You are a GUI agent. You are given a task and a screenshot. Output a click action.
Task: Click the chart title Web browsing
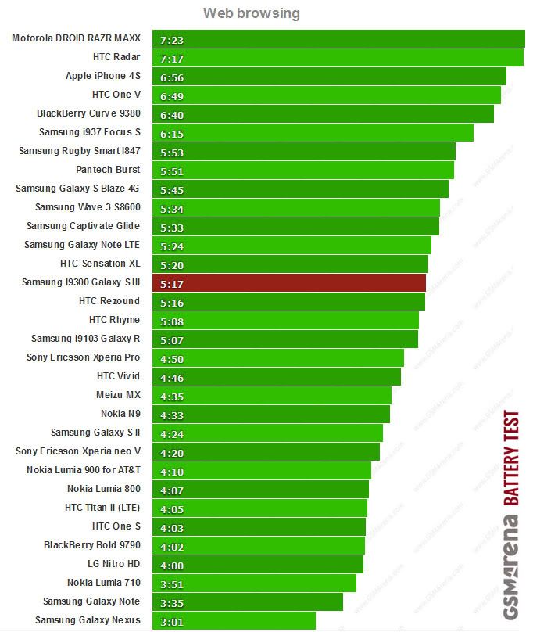tap(251, 13)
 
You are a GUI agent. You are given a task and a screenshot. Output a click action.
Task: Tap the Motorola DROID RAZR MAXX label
tap(76, 38)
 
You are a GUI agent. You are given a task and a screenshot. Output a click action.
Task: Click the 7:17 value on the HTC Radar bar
tap(171, 58)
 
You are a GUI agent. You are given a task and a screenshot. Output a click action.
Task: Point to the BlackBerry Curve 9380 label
tap(88, 113)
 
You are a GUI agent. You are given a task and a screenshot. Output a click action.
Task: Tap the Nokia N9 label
tap(120, 414)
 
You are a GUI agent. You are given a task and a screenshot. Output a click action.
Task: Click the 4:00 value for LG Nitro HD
tap(171, 565)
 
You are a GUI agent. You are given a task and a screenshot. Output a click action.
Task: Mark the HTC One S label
tap(116, 526)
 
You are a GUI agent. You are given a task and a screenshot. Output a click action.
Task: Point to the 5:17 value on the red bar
tap(171, 283)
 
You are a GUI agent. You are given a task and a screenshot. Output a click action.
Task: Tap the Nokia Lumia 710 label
tap(103, 583)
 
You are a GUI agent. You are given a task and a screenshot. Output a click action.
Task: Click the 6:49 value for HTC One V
tap(171, 95)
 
